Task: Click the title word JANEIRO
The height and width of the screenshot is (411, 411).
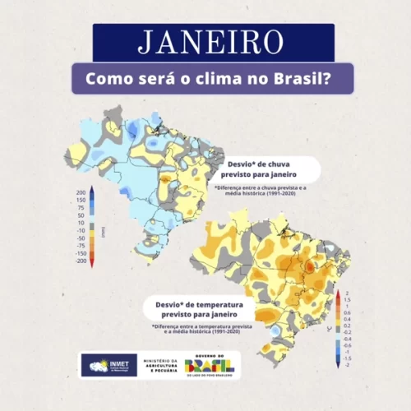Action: coord(213,42)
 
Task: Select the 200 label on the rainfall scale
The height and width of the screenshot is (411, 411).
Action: coord(81,192)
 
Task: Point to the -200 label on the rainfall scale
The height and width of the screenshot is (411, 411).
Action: coord(80,261)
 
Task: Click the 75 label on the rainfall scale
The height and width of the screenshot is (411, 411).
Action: coord(82,208)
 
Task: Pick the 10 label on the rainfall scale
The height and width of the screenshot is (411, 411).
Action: coord(82,223)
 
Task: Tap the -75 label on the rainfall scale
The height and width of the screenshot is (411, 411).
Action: coord(81,246)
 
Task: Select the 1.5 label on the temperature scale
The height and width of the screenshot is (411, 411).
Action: coord(348,299)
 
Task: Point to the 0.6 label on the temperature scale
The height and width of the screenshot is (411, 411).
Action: coord(348,313)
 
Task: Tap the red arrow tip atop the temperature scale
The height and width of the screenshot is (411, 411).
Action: coord(338,291)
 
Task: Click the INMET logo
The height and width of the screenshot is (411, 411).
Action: coord(109,365)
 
